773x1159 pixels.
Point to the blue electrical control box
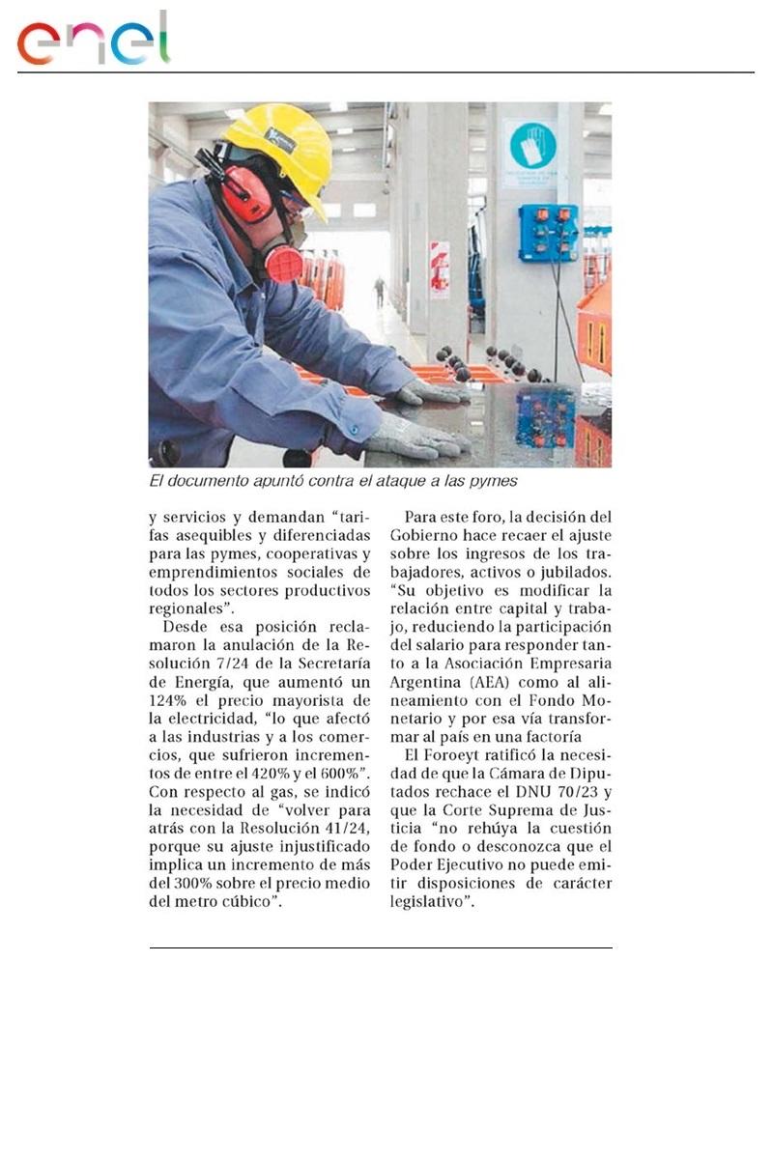click(x=547, y=233)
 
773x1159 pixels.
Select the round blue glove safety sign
click(x=530, y=145)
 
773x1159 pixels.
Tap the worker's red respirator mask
click(x=282, y=262)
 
